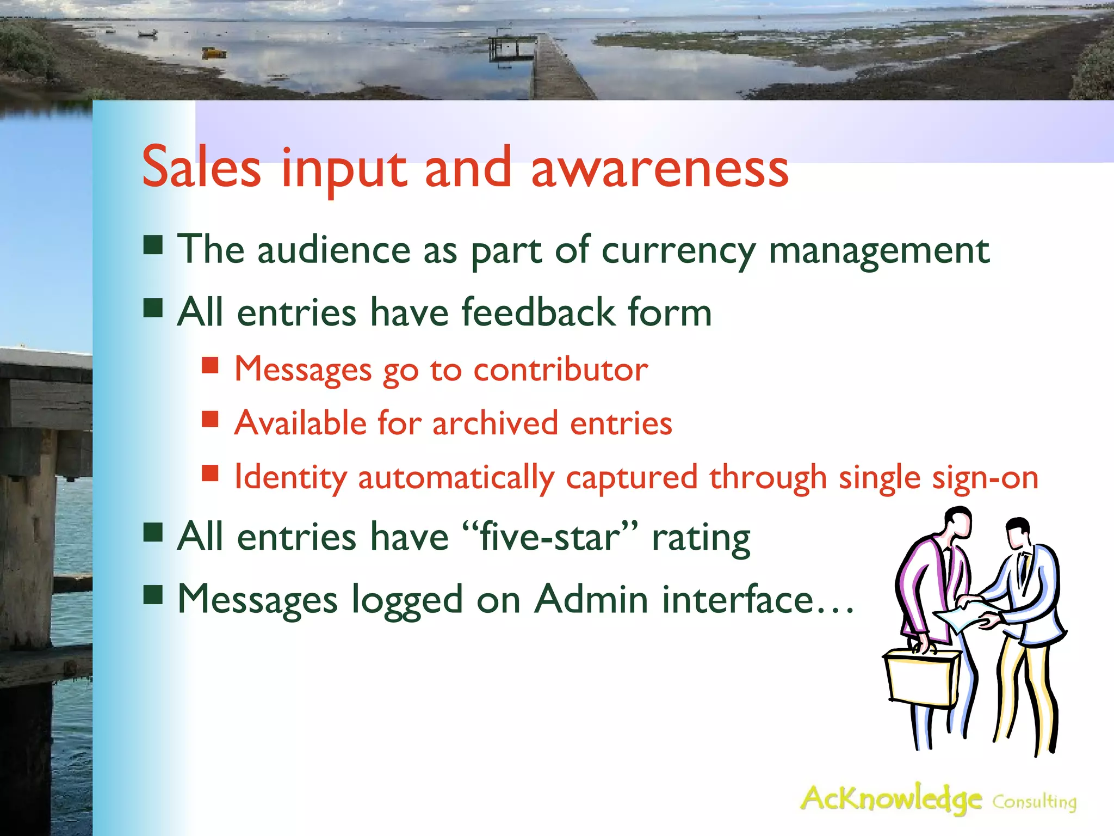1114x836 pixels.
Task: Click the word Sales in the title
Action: click(201, 168)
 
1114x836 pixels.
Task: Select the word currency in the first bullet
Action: click(678, 251)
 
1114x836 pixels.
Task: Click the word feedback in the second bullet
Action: click(539, 312)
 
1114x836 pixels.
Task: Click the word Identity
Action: click(290, 477)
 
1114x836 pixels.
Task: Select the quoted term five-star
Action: click(549, 537)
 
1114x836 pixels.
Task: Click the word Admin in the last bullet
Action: click(591, 599)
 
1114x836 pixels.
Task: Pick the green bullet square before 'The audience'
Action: click(153, 245)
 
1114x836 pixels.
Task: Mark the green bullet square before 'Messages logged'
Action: click(153, 595)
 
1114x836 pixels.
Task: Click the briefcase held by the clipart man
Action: click(921, 678)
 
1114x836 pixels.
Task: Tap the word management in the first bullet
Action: click(879, 251)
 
